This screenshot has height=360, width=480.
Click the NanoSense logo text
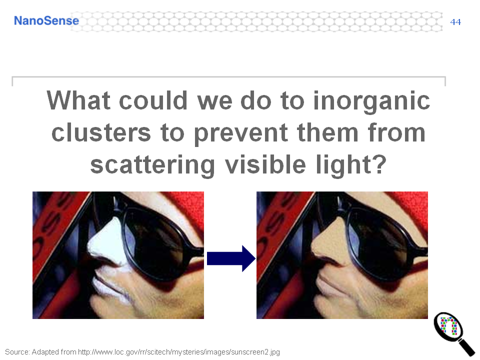(46, 21)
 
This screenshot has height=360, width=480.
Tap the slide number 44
(455, 22)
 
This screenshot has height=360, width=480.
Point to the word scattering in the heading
(152, 165)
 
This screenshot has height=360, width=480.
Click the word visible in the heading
(265, 164)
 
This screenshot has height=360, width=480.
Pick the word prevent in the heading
(240, 134)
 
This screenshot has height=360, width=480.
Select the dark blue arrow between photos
(231, 258)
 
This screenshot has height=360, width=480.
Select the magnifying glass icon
(453, 333)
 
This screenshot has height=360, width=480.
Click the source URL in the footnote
(179, 352)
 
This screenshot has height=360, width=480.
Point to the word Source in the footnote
(17, 352)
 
